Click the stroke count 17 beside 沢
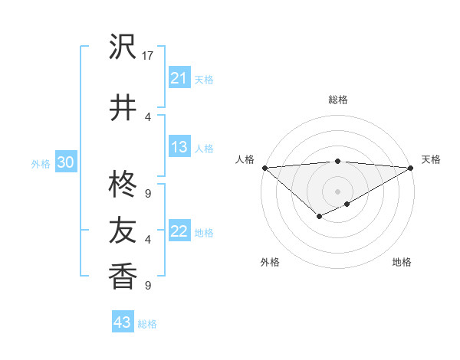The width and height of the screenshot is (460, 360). tap(149, 56)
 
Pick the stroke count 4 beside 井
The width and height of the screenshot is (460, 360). tap(148, 116)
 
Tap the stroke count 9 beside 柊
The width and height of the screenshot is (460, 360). tap(148, 193)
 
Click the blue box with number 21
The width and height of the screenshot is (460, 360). tap(179, 77)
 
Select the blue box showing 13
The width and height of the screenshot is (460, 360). tap(179, 147)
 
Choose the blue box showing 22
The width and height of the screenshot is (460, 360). tap(179, 231)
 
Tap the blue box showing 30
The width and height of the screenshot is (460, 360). tap(65, 162)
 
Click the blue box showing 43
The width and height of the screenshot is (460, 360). tap(123, 322)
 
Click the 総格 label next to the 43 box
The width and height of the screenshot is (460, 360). tap(147, 324)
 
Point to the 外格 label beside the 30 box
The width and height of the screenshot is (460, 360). tap(41, 164)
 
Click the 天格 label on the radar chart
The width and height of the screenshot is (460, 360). tap(431, 159)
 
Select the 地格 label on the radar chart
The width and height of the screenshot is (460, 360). tap(402, 262)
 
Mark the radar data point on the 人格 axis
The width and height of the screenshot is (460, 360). tap(264, 167)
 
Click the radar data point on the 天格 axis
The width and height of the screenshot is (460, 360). tap(411, 167)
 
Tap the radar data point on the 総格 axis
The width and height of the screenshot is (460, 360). tap(337, 161)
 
